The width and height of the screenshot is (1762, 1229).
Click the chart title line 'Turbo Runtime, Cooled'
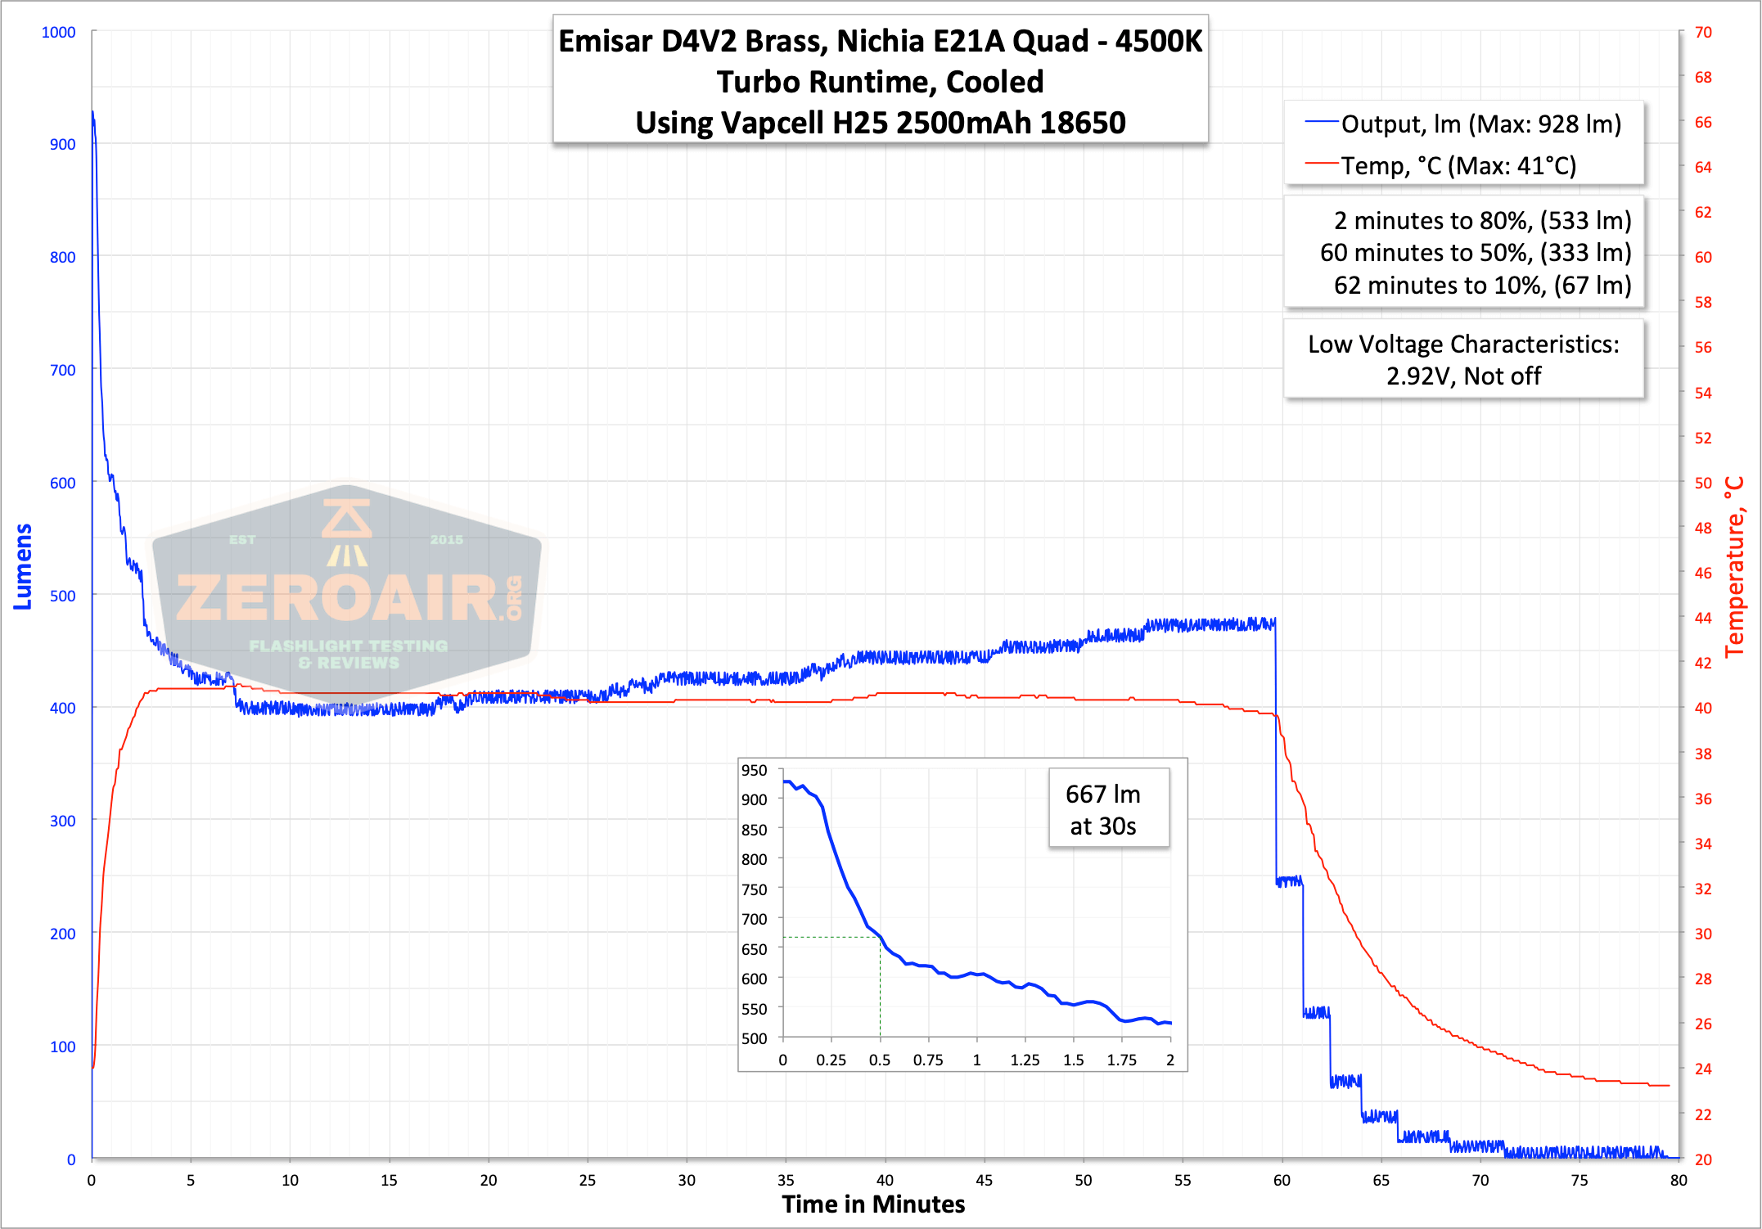click(x=880, y=82)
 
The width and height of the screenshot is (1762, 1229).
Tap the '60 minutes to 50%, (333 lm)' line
click(x=1476, y=253)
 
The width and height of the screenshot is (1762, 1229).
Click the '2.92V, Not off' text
click(x=1463, y=376)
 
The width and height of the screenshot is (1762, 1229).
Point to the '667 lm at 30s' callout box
click(x=1109, y=808)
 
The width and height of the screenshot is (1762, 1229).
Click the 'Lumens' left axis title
click(x=23, y=567)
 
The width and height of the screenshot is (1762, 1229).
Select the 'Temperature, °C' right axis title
click(x=1734, y=567)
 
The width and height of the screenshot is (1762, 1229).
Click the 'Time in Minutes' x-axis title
click(x=873, y=1204)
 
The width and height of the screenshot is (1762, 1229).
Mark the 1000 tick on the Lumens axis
click(x=58, y=32)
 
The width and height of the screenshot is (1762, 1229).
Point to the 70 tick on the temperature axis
click(x=1703, y=32)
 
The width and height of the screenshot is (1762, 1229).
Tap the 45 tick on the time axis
click(x=984, y=1180)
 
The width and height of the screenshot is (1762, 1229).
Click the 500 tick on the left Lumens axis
click(x=62, y=596)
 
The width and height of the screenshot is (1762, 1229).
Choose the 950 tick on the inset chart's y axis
click(x=754, y=770)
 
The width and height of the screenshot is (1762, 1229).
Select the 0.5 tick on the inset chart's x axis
click(x=880, y=1060)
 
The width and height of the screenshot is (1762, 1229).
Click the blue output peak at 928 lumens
click(x=92, y=111)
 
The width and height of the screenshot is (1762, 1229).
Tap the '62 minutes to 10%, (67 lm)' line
click(x=1482, y=285)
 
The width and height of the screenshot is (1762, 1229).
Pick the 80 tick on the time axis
click(x=1679, y=1180)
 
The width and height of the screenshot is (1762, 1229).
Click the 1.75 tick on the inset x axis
click(x=1121, y=1060)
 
